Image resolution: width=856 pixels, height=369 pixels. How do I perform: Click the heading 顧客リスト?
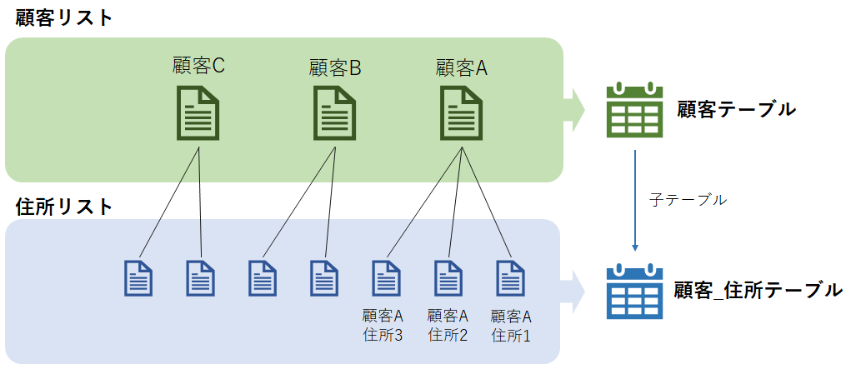click(64, 18)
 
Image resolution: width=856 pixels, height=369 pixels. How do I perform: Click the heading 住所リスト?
click(64, 206)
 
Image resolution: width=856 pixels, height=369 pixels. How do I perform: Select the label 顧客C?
click(198, 67)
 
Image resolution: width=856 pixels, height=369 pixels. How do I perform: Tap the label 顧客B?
click(334, 67)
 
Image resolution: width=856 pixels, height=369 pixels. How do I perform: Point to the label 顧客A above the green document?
click(461, 67)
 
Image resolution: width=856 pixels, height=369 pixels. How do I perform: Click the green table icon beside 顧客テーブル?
click(634, 110)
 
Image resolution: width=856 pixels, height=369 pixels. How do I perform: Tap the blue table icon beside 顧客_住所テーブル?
click(634, 291)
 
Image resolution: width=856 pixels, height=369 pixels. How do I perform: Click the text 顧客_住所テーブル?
click(758, 291)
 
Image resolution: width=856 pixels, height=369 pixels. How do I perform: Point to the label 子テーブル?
click(688, 200)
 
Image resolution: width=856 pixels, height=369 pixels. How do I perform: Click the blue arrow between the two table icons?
click(636, 200)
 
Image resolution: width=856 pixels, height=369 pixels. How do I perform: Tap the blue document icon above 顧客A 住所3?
click(385, 278)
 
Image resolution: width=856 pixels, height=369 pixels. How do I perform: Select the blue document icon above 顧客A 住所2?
click(448, 278)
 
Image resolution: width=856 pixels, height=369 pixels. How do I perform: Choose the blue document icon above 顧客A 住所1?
click(509, 278)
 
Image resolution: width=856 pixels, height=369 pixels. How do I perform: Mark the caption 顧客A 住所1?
click(511, 326)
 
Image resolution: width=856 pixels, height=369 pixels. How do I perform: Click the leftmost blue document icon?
click(138, 278)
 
